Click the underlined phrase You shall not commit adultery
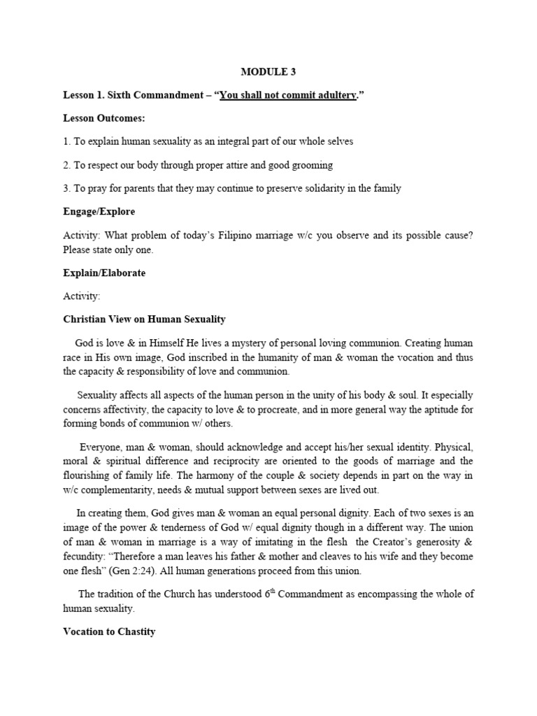point(288,95)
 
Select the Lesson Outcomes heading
point(103,118)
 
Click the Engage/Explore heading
point(99,211)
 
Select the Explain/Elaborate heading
point(104,273)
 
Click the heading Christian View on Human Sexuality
point(145,319)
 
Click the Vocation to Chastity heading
point(109,631)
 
